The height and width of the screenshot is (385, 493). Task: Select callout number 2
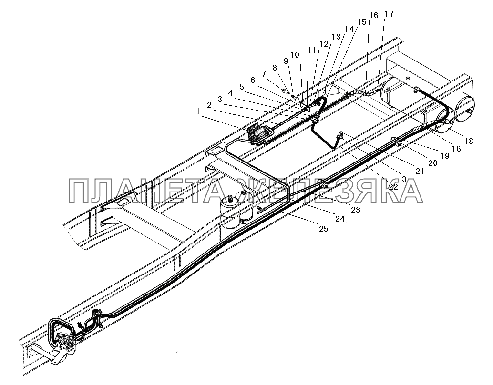pyautogui.click(x=209, y=104)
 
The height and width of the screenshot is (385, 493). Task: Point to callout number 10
pyautogui.click(x=295, y=55)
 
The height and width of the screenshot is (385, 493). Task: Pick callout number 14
pyautogui.click(x=350, y=29)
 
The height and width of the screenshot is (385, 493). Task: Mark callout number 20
pyautogui.click(x=433, y=163)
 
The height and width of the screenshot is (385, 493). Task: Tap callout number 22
pyautogui.click(x=393, y=187)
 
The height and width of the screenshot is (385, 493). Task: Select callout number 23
pyautogui.click(x=356, y=209)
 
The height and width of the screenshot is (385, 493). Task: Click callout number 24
pyautogui.click(x=339, y=220)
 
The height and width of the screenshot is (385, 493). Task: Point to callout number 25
pyautogui.click(x=324, y=230)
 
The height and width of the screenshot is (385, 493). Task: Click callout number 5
pyautogui.click(x=241, y=86)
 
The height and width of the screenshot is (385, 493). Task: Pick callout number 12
pyautogui.click(x=324, y=43)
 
